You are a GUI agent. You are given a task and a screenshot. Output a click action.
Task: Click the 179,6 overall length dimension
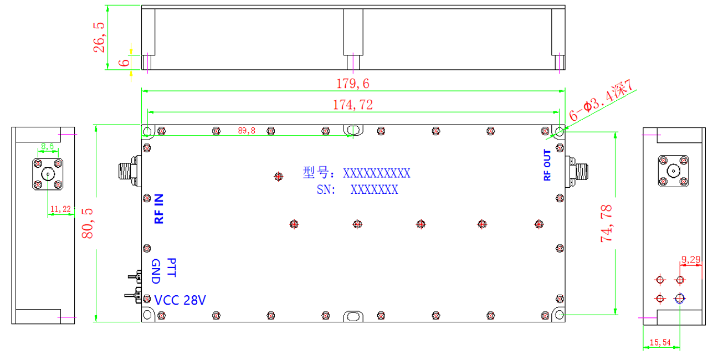(352, 84)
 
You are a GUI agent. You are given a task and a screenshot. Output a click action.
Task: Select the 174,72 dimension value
(353, 105)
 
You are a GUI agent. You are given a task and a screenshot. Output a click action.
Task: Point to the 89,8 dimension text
(247, 131)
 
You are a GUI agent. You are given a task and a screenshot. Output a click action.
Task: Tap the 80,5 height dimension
(87, 223)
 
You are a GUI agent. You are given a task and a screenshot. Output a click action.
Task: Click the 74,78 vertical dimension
(606, 223)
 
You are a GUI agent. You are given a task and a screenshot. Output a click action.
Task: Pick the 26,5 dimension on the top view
(99, 37)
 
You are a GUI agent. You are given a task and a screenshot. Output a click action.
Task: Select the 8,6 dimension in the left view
(48, 146)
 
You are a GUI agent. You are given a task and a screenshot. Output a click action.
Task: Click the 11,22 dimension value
(60, 209)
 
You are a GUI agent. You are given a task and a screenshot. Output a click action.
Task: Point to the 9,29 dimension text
(691, 259)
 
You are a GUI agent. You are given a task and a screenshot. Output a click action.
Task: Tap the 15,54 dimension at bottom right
(660, 342)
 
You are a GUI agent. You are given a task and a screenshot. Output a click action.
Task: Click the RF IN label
(159, 209)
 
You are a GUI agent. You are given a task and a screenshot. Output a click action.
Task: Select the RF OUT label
(547, 165)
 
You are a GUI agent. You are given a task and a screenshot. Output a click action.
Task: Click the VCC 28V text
(180, 300)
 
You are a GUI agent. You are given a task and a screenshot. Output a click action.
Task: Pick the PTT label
(172, 268)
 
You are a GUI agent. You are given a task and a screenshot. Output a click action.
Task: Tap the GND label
(156, 271)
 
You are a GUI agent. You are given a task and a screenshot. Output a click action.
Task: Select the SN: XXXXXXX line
(357, 189)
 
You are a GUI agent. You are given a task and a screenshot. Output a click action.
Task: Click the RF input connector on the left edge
(130, 171)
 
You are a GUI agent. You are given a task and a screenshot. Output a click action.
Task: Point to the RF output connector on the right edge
(577, 172)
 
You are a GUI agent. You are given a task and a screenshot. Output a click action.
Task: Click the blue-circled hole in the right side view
(680, 299)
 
